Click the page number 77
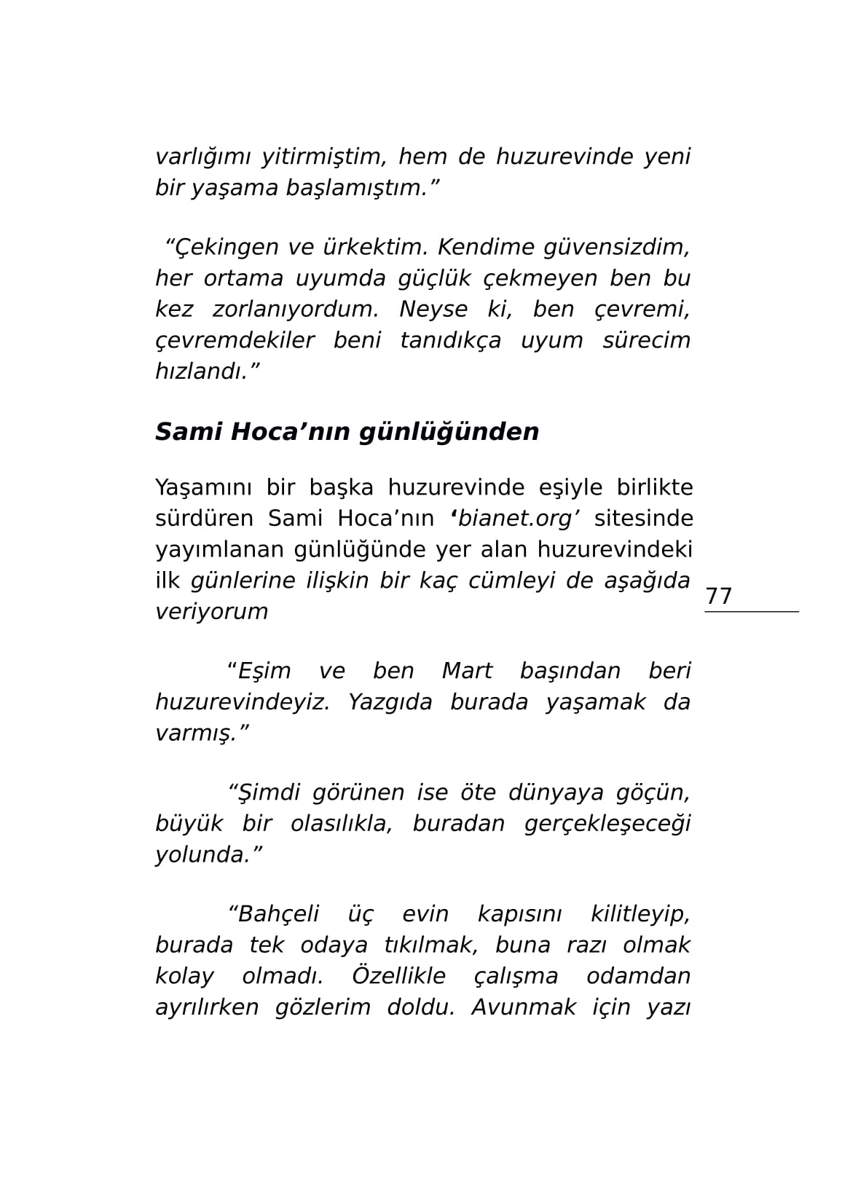coord(718,597)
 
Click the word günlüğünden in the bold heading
coord(448,432)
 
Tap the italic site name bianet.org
coord(515,519)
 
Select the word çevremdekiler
coord(235,340)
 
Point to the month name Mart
coord(467,671)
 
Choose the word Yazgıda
coord(390,702)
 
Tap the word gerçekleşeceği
coord(607,824)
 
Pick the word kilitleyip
coord(640,914)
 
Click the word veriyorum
coord(211,611)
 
